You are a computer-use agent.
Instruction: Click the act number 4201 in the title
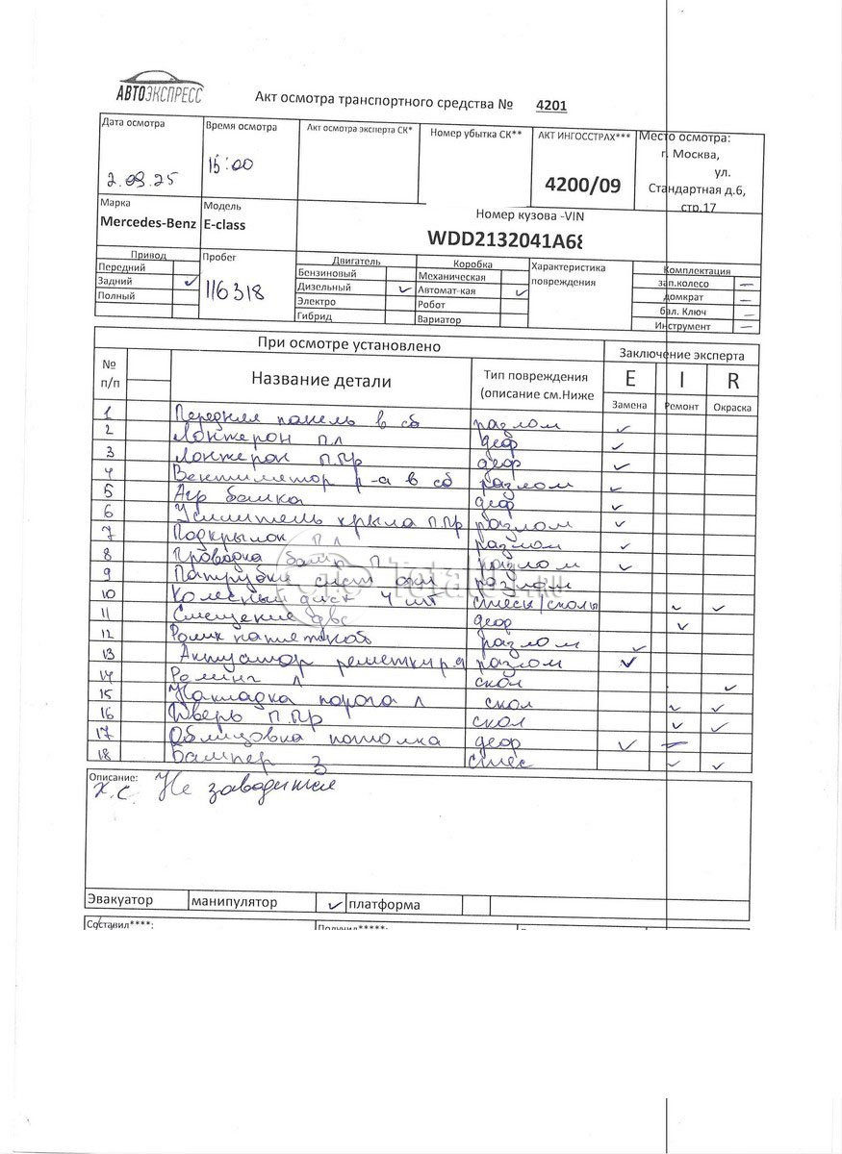[x=550, y=105]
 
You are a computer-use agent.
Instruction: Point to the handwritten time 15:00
[x=230, y=164]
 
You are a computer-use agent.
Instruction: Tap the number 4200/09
[x=582, y=184]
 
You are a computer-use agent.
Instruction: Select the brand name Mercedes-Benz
[x=147, y=222]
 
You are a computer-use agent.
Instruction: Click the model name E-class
[x=224, y=223]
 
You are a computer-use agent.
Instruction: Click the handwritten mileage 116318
[x=234, y=289]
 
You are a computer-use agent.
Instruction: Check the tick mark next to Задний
[x=189, y=281]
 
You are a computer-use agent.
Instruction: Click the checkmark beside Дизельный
[x=402, y=288]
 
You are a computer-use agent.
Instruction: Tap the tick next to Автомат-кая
[x=520, y=289]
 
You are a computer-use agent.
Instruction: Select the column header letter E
[x=630, y=379]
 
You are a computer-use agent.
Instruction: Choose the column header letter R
[x=732, y=380]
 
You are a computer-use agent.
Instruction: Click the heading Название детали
[x=320, y=381]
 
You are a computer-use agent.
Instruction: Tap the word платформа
[x=384, y=904]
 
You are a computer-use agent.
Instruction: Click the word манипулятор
[x=234, y=902]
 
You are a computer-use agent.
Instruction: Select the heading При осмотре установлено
[x=348, y=344]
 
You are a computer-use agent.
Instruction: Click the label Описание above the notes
[x=113, y=776]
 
